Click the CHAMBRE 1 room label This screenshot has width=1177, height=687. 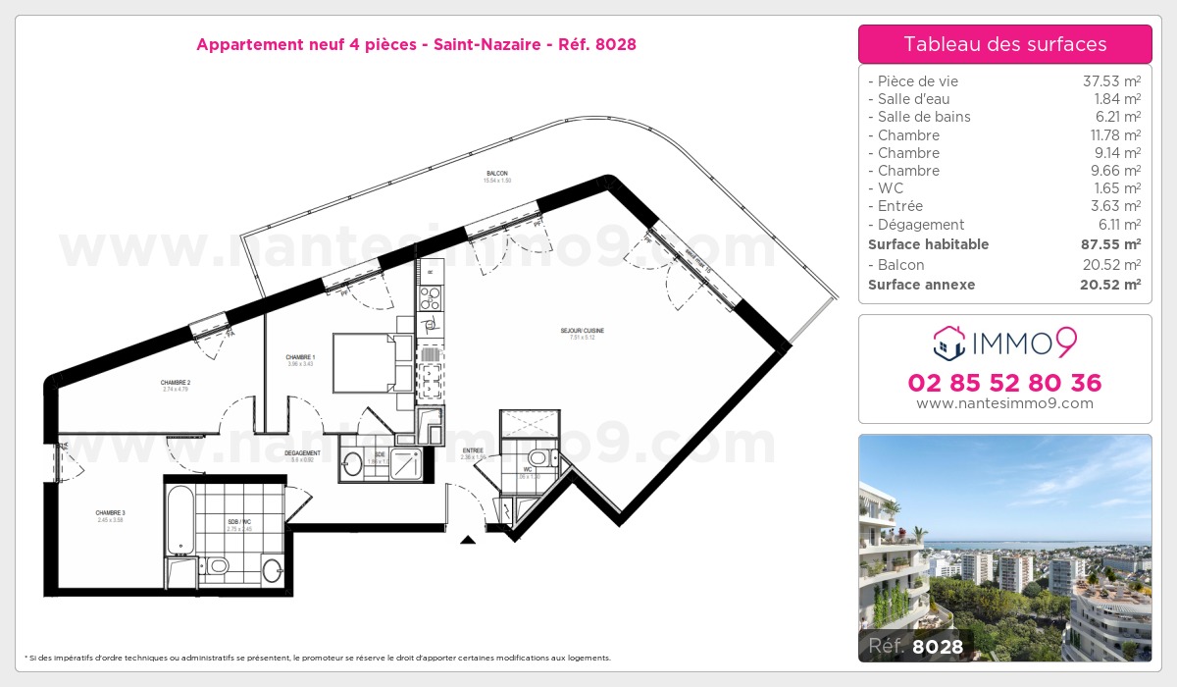pos(300,357)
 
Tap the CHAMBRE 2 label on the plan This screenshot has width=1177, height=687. pos(176,383)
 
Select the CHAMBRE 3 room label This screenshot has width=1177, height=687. pos(110,513)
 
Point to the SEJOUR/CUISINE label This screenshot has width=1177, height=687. pos(582,331)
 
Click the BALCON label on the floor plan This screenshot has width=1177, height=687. pos(496,174)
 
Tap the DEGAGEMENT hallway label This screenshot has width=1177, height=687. pos(302,453)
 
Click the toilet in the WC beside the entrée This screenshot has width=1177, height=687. pos(538,457)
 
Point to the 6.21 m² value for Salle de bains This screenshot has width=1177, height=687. pos(1117,117)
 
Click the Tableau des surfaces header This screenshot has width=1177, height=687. pos(1004,44)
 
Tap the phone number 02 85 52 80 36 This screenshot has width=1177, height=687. pos(1004,383)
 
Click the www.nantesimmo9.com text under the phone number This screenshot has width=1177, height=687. pos(1004,403)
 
